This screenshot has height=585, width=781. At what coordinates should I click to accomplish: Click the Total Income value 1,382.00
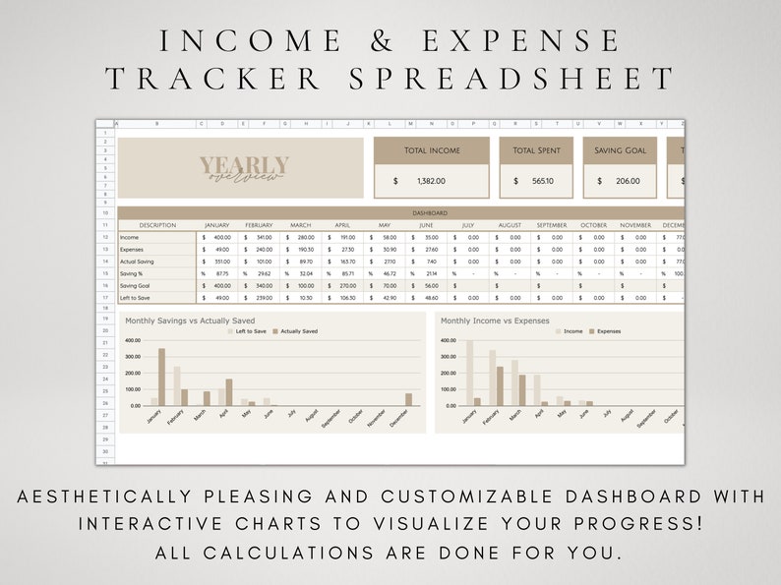click(431, 181)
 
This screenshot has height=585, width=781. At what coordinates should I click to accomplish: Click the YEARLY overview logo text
click(244, 168)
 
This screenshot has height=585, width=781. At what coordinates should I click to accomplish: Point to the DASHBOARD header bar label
click(430, 212)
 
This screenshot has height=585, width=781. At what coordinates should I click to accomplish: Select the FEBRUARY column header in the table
click(259, 225)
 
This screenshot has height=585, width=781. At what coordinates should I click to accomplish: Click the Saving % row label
click(133, 273)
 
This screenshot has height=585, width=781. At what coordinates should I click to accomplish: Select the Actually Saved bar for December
click(409, 399)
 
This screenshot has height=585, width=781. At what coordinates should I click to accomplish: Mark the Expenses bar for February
click(500, 385)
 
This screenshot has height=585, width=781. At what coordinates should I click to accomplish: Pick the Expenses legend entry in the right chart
click(605, 331)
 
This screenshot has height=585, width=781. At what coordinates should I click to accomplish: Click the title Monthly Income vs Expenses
click(495, 321)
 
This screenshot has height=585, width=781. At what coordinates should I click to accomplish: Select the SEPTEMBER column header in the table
click(552, 225)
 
